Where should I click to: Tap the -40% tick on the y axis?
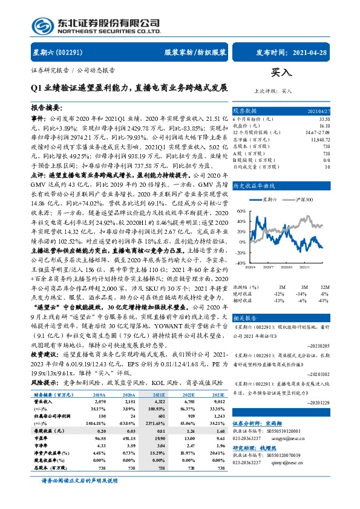click(x=240, y=263)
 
